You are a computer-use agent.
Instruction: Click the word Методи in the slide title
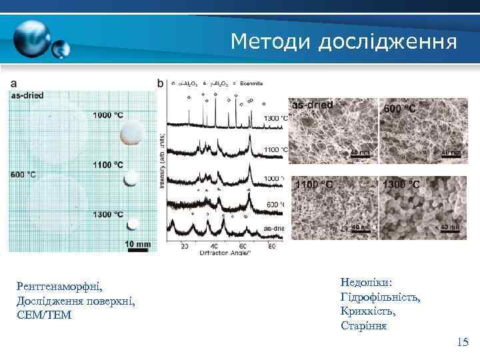click(271, 41)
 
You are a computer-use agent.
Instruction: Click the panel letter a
click(13, 84)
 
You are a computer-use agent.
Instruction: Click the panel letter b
click(160, 84)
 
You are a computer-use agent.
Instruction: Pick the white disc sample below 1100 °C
click(132, 178)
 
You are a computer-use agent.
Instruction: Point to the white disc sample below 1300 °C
click(133, 224)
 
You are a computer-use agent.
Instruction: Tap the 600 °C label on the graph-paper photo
click(23, 175)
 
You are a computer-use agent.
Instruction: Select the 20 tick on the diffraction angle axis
click(184, 245)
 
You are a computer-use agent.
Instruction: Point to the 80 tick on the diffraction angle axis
click(271, 245)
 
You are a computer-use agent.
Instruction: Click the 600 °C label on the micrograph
click(398, 108)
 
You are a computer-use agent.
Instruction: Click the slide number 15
click(463, 342)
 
